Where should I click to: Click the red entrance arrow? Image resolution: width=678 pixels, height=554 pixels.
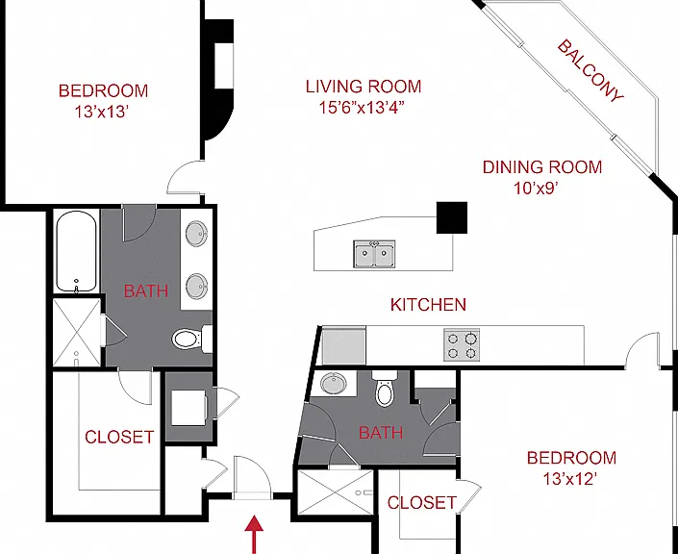pos(254,534)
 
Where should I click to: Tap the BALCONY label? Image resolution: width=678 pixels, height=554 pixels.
pos(590,71)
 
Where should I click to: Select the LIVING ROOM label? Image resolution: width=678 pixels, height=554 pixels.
pos(364,87)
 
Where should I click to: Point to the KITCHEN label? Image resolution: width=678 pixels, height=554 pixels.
pos(428,305)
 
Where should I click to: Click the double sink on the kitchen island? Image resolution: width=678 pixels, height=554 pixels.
pos(374,254)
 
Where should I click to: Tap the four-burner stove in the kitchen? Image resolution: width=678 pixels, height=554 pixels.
pos(462,344)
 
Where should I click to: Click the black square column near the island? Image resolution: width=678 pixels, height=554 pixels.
pos(452,217)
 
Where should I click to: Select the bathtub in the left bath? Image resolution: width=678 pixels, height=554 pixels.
pos(76,251)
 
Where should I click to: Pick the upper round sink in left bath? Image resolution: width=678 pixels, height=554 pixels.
pos(197,234)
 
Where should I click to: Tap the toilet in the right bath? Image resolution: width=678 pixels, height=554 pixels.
pos(385,389)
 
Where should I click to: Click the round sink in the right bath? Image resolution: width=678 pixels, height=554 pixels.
pos(334,384)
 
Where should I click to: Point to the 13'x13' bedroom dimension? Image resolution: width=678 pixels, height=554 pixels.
pos(102,113)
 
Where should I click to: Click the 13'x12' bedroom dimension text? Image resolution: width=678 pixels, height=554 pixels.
pos(570,479)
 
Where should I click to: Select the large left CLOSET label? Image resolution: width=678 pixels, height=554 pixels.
pos(119,438)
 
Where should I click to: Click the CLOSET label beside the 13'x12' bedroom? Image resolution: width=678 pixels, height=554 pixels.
pos(421,502)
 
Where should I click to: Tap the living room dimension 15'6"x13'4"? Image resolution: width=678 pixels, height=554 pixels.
pos(363,108)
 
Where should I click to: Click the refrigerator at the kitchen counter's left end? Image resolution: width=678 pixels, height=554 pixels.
pos(343,345)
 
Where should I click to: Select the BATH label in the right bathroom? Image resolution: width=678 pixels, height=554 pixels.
pos(381,433)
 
